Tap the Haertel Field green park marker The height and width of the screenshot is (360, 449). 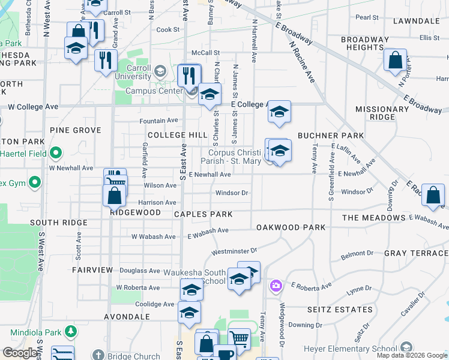pyautogui.click(x=56, y=153)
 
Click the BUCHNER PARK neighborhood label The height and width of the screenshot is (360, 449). pyautogui.click(x=331, y=136)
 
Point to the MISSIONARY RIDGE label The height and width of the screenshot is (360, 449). pyautogui.click(x=382, y=113)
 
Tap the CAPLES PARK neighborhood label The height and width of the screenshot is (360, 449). pyautogui.click(x=203, y=214)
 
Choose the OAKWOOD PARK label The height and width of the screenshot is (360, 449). pyautogui.click(x=291, y=227)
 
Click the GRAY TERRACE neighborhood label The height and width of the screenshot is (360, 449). pyautogui.click(x=416, y=254)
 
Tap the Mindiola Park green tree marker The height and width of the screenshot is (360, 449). pyautogui.click(x=71, y=331)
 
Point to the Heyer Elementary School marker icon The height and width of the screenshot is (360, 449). pyautogui.click(x=407, y=348)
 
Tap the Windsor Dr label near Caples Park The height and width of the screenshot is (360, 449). pyautogui.click(x=232, y=193)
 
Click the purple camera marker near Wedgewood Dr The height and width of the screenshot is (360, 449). pyautogui.click(x=276, y=284)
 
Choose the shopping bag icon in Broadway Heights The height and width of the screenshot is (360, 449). pyautogui.click(x=395, y=60)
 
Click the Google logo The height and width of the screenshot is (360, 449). pyautogui.click(x=20, y=353)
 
